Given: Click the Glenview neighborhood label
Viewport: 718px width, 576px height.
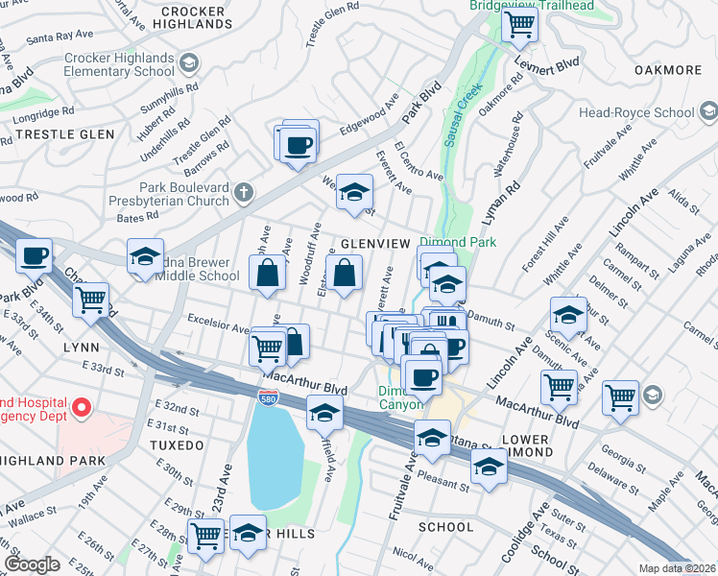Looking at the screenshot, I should coord(374,244).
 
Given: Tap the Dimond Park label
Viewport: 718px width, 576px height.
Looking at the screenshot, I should coord(459,243).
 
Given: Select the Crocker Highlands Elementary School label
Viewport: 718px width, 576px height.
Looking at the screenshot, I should coord(119,65).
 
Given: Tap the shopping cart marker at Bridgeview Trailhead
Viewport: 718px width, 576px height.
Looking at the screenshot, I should coord(519,26).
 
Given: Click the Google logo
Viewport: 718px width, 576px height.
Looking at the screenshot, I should coord(32,564).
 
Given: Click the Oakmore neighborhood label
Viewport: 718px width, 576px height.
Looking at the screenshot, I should coord(668,70).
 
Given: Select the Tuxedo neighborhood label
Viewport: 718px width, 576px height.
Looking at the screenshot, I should coord(177,445).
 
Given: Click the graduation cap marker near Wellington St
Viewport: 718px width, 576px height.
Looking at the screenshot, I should coord(353,193).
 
